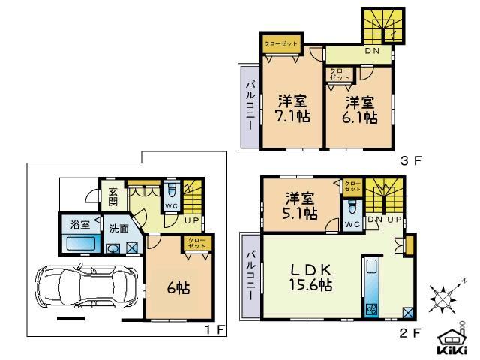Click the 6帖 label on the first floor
point(177,288)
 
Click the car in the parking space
point(83,288)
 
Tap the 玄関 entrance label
point(112,196)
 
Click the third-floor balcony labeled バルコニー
point(250,107)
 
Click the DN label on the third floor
point(372,52)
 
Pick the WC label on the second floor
point(351,223)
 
